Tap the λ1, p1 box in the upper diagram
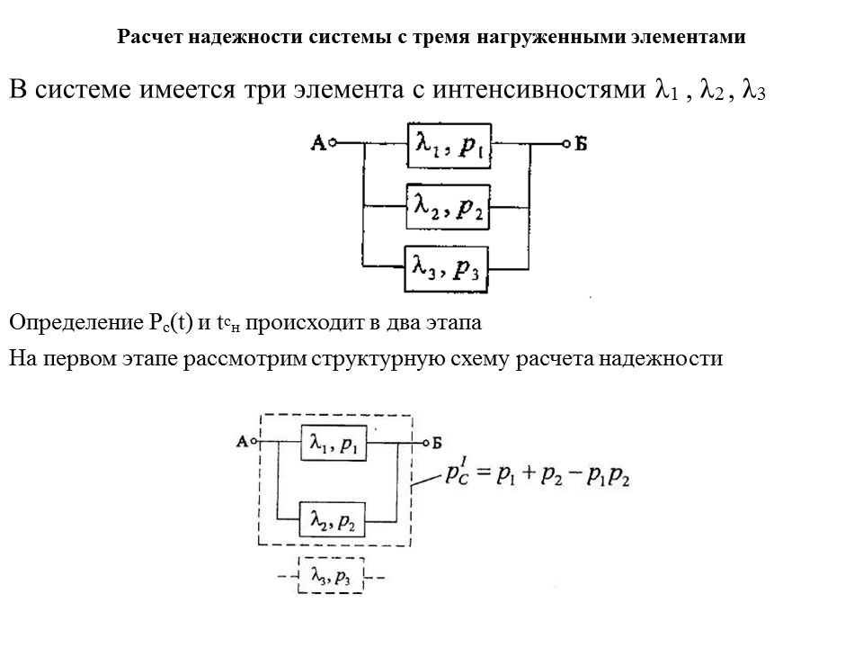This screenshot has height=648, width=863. point(449,145)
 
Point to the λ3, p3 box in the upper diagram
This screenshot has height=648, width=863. point(447,268)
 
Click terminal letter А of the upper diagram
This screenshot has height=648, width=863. point(317,142)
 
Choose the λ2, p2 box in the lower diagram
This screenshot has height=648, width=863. point(334,518)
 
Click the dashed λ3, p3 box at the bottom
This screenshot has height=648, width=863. point(331,577)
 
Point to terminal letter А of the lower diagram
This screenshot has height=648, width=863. point(241,442)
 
